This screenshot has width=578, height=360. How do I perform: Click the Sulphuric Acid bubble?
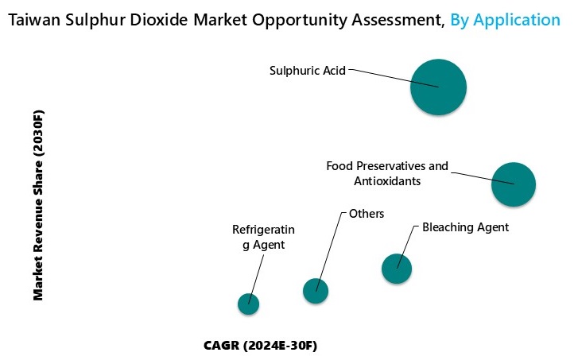click(x=438, y=87)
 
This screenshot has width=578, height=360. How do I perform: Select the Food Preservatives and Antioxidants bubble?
click(x=514, y=184)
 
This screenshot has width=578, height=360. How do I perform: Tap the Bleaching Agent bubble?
click(x=397, y=269)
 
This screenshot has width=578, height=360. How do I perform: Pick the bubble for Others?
click(x=316, y=291)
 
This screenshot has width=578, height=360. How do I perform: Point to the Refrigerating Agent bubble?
click(x=249, y=303)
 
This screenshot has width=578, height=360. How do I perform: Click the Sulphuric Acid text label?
click(x=308, y=71)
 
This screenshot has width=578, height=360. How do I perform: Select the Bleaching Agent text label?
click(x=465, y=227)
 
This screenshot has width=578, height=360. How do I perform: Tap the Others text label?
click(x=367, y=214)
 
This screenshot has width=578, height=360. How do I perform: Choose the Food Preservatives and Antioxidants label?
click(x=387, y=174)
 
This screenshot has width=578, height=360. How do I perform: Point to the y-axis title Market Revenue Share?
click(x=38, y=204)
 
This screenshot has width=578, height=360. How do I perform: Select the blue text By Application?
click(x=505, y=20)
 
